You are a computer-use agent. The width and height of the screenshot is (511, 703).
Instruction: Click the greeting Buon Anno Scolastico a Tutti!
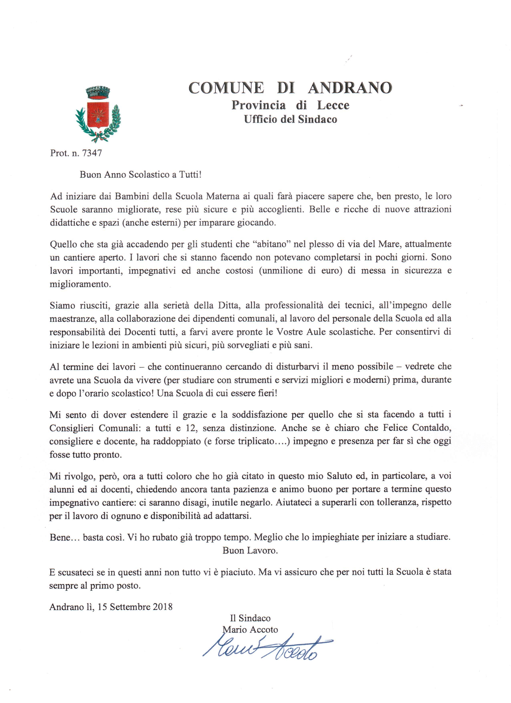pos(141,175)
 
